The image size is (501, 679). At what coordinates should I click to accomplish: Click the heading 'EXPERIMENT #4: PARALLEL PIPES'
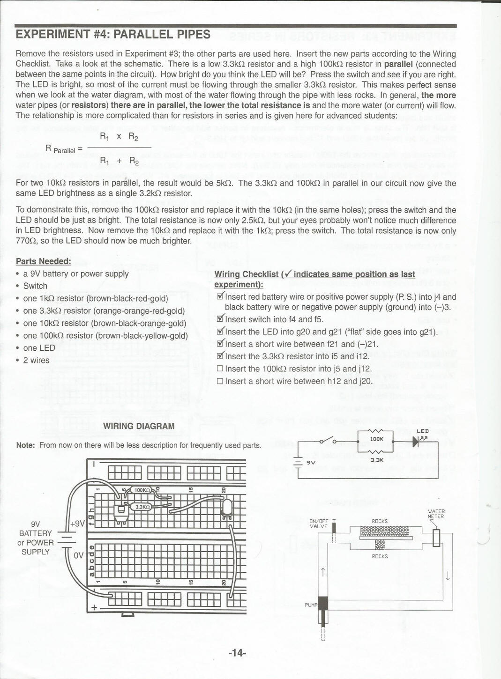[113, 35]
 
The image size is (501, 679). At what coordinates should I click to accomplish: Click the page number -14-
[237, 653]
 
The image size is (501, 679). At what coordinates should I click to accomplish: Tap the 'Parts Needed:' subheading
[44, 261]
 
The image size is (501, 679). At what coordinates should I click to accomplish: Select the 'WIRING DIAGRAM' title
[139, 426]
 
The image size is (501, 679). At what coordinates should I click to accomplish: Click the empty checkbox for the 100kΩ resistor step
[220, 369]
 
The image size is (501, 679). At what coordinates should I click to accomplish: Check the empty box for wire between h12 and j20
[220, 381]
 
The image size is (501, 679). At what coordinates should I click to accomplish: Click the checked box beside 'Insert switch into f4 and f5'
[220, 319]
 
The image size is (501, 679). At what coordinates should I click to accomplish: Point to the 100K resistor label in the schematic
[376, 439]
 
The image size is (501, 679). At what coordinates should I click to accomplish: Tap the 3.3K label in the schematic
[376, 460]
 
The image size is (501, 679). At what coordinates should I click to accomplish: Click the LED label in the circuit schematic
[422, 431]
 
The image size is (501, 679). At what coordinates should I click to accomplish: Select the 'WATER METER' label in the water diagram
[436, 514]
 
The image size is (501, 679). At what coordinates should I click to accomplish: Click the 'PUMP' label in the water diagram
[311, 605]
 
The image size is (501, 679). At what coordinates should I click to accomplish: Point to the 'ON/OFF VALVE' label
[319, 524]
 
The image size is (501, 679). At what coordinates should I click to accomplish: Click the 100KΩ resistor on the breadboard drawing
[142, 490]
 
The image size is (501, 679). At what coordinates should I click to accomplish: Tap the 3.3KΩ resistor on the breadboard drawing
[142, 507]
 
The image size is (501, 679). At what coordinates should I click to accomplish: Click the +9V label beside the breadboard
[77, 524]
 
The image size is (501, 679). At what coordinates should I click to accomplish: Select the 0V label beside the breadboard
[78, 555]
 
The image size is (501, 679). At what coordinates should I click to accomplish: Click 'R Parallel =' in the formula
[64, 149]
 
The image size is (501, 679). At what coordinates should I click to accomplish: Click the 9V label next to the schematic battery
[311, 462]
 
